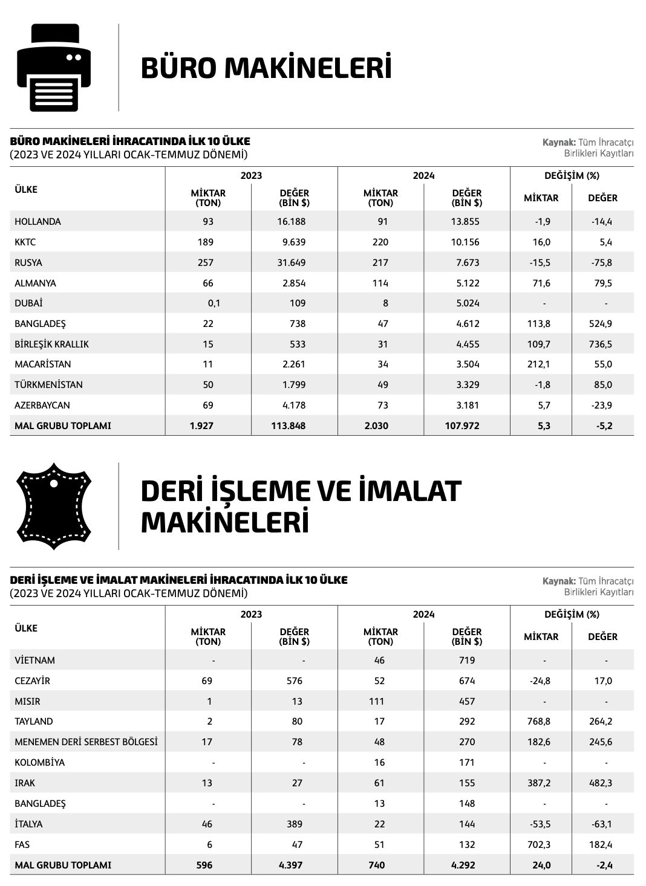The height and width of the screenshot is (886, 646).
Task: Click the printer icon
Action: [54, 67]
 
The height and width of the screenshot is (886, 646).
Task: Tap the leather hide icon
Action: [53, 506]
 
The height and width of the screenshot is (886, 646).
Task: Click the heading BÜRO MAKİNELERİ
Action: [266, 68]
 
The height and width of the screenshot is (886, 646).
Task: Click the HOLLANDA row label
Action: [38, 222]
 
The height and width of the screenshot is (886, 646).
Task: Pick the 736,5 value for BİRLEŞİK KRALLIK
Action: [601, 344]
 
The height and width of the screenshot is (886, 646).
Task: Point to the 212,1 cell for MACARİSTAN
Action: [539, 364]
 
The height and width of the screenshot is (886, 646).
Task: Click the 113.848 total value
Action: [288, 426]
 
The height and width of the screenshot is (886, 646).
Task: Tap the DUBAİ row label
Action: [28, 303]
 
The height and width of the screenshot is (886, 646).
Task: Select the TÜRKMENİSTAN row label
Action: [48, 385]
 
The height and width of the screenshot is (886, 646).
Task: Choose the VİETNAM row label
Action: [34, 661]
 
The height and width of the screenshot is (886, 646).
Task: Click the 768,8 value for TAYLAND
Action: [539, 722]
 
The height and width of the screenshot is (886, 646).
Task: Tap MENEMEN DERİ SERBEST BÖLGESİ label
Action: [86, 742]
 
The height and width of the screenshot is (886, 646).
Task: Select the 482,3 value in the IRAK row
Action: [601, 783]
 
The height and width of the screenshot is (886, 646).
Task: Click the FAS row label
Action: [23, 845]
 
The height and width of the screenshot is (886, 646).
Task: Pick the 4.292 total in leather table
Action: [463, 865]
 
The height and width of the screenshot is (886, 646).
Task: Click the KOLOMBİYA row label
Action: [39, 763]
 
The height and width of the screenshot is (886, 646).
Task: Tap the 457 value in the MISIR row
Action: [467, 702]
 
